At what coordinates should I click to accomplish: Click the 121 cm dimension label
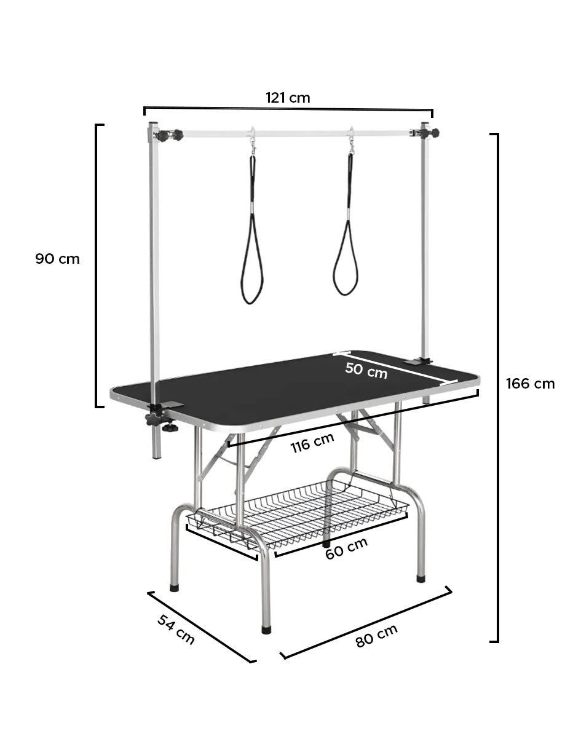(288, 98)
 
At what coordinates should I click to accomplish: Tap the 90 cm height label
(57, 259)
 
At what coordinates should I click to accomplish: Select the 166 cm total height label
(530, 384)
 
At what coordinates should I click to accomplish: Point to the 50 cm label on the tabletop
(366, 371)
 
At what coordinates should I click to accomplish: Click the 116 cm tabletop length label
(312, 443)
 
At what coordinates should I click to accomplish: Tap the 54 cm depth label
(176, 630)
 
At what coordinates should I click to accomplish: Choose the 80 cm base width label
(376, 636)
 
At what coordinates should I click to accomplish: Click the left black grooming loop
(251, 230)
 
